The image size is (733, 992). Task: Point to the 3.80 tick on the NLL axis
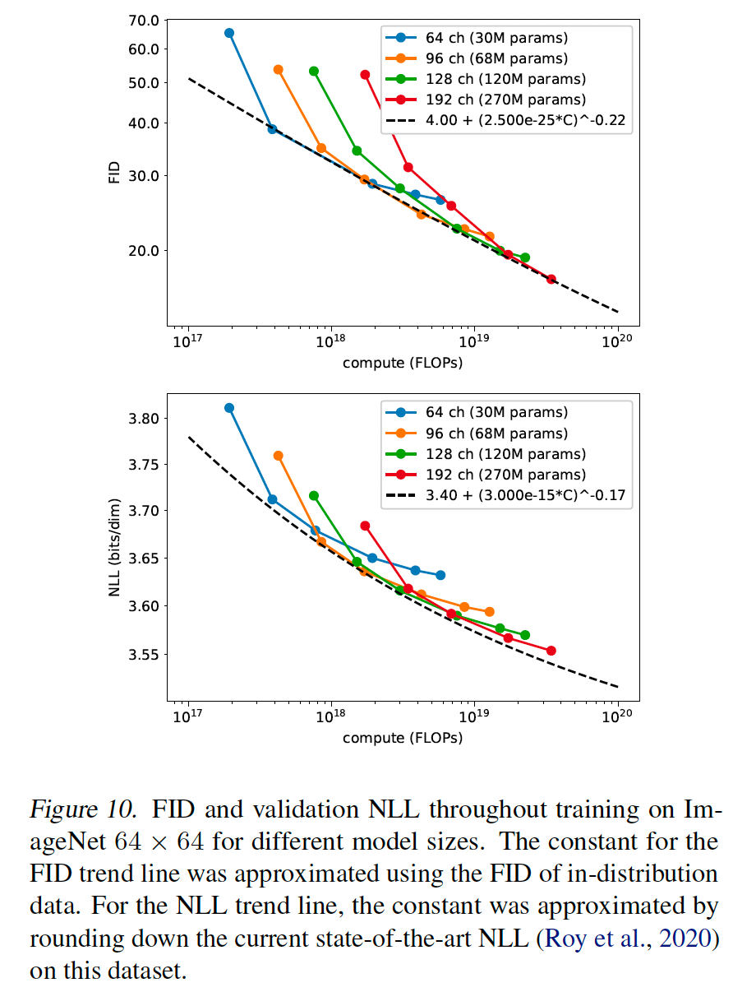tap(145, 419)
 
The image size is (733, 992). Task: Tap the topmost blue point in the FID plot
tap(229, 33)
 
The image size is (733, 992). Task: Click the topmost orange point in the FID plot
tap(279, 70)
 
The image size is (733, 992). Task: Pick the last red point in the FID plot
tap(551, 279)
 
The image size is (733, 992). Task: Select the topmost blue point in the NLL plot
tap(229, 408)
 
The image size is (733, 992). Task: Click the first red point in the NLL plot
tap(365, 526)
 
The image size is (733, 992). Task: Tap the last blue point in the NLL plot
tap(440, 575)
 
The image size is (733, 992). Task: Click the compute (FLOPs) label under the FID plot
tap(403, 363)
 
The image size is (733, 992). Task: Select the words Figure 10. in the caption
tap(83, 809)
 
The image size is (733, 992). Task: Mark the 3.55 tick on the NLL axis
tap(145, 655)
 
